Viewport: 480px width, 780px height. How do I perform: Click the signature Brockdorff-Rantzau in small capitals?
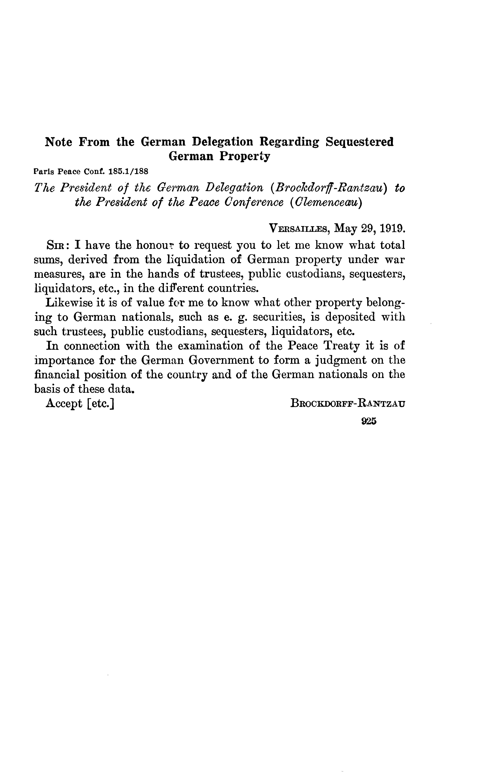[x=348, y=404]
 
